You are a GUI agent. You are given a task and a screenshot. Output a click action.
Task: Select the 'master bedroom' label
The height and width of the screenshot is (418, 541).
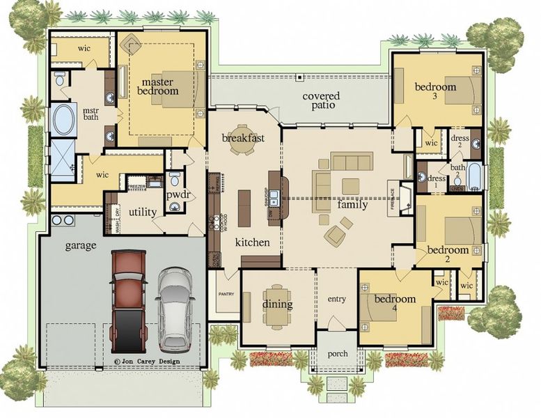point(157,86)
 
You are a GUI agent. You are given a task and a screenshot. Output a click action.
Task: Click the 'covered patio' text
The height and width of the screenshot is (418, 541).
point(320,100)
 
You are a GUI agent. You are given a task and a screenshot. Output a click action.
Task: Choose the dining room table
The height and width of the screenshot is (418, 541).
point(277,307)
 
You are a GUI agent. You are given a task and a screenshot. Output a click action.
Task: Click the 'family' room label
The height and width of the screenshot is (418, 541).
point(352,205)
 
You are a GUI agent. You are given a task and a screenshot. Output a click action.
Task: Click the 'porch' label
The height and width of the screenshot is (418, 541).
point(337,354)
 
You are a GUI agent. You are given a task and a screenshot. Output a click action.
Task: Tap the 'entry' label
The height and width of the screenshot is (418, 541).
point(336,299)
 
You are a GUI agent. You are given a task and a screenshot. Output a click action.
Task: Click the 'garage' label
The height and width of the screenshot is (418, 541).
point(80,245)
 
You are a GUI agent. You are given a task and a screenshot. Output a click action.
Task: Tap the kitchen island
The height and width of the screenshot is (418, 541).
point(244,207)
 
